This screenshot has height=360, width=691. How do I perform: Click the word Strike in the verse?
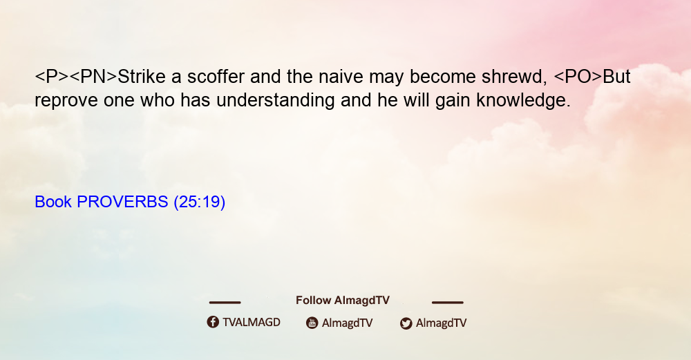pyautogui.click(x=142, y=77)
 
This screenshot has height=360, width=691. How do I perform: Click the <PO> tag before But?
pyautogui.click(x=578, y=77)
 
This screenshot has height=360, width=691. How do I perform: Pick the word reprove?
pyautogui.click(x=66, y=100)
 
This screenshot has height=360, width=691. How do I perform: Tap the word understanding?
pyautogui.click(x=276, y=100)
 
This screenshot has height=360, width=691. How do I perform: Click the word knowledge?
pyautogui.click(x=524, y=100)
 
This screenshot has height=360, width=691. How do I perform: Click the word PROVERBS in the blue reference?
pyautogui.click(x=122, y=202)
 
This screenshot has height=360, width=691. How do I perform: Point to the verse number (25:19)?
pyautogui.click(x=200, y=202)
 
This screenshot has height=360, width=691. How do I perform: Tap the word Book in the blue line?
pyautogui.click(x=53, y=202)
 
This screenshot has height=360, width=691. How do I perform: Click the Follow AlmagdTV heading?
pyautogui.click(x=343, y=300)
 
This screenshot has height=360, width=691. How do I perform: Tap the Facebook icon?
pyautogui.click(x=213, y=322)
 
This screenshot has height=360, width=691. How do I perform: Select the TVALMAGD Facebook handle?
pyautogui.click(x=252, y=322)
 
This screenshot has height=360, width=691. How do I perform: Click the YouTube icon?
pyautogui.click(x=312, y=323)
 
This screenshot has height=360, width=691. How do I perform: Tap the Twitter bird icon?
pyautogui.click(x=406, y=323)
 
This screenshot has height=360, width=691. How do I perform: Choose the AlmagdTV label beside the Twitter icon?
pyautogui.click(x=441, y=323)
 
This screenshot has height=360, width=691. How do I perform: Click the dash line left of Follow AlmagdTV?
pyautogui.click(x=225, y=303)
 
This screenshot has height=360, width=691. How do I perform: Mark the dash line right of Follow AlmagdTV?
pyautogui.click(x=448, y=303)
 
